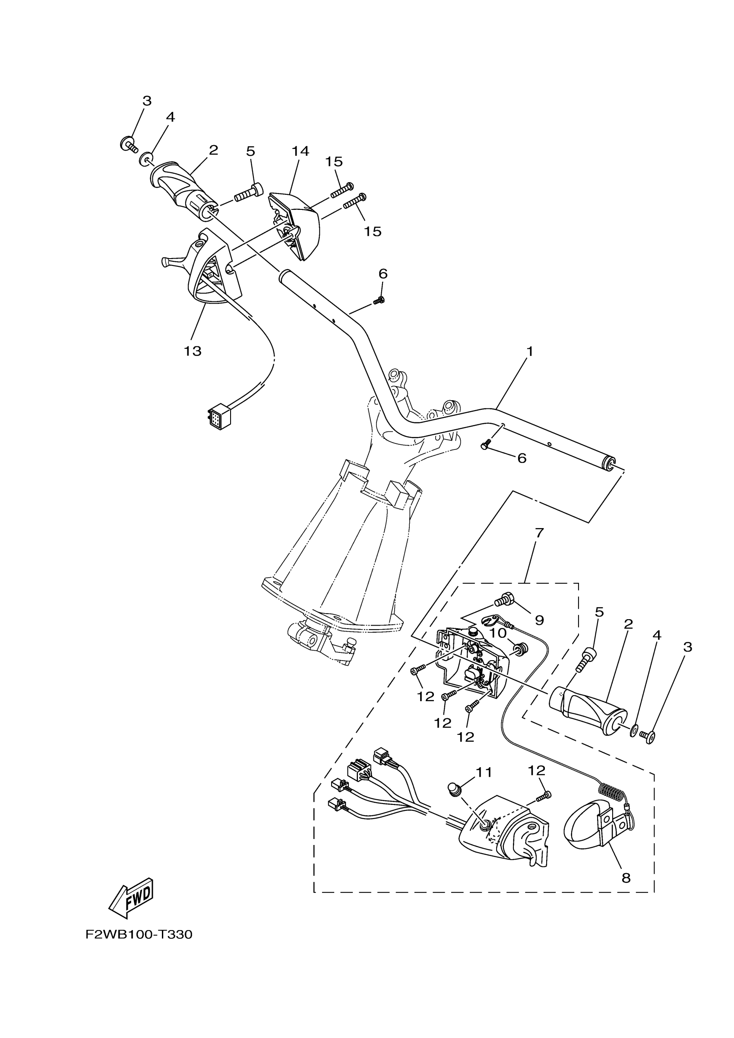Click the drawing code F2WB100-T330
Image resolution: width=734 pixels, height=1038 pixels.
(x=139, y=934)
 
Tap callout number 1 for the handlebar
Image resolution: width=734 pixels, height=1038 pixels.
(x=530, y=351)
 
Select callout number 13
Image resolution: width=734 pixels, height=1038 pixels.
(x=193, y=351)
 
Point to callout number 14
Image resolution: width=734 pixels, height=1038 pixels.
(x=300, y=151)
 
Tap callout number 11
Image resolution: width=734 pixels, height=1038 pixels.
(x=484, y=772)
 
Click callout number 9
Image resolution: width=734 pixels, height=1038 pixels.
(x=539, y=620)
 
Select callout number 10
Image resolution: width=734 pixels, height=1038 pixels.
(x=498, y=633)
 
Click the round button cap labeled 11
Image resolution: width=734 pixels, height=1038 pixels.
(x=454, y=789)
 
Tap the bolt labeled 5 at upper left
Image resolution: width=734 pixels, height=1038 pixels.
(x=248, y=193)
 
